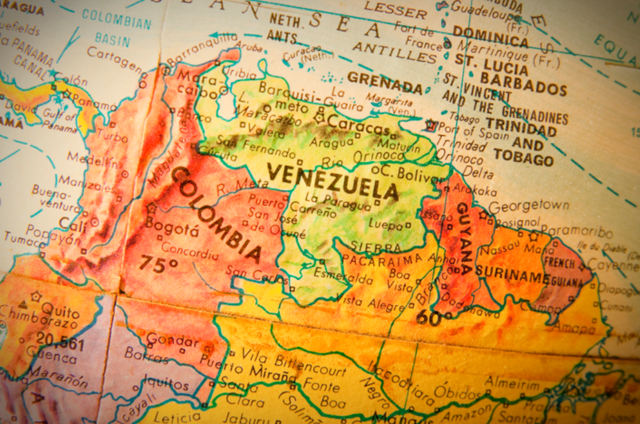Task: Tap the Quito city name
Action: point(60,312)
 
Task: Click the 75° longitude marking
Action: point(159,263)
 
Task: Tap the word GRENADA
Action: point(385,82)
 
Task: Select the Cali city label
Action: point(73,225)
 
